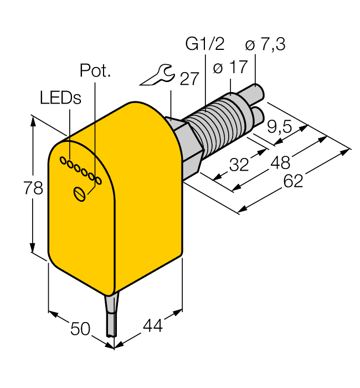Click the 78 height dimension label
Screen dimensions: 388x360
point(34,188)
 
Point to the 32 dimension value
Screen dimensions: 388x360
point(239,165)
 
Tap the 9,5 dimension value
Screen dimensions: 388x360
point(280,127)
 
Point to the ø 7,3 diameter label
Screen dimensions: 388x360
point(265,44)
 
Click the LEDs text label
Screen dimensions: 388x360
point(60,98)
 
